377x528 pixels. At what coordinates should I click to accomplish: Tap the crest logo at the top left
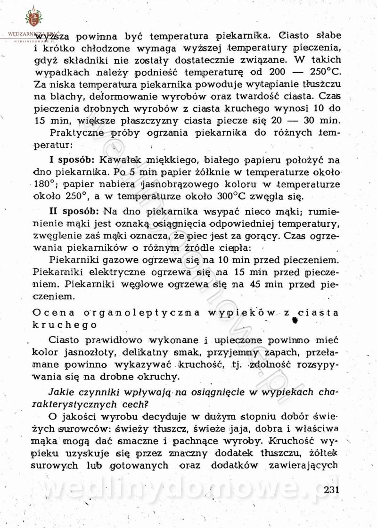(33, 18)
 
